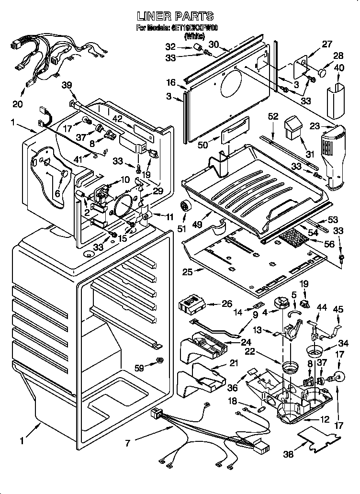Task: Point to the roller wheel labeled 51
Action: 183,207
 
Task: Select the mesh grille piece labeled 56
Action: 292,237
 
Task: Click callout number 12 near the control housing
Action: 325,420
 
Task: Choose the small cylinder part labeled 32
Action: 196,47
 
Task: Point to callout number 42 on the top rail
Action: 117,119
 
